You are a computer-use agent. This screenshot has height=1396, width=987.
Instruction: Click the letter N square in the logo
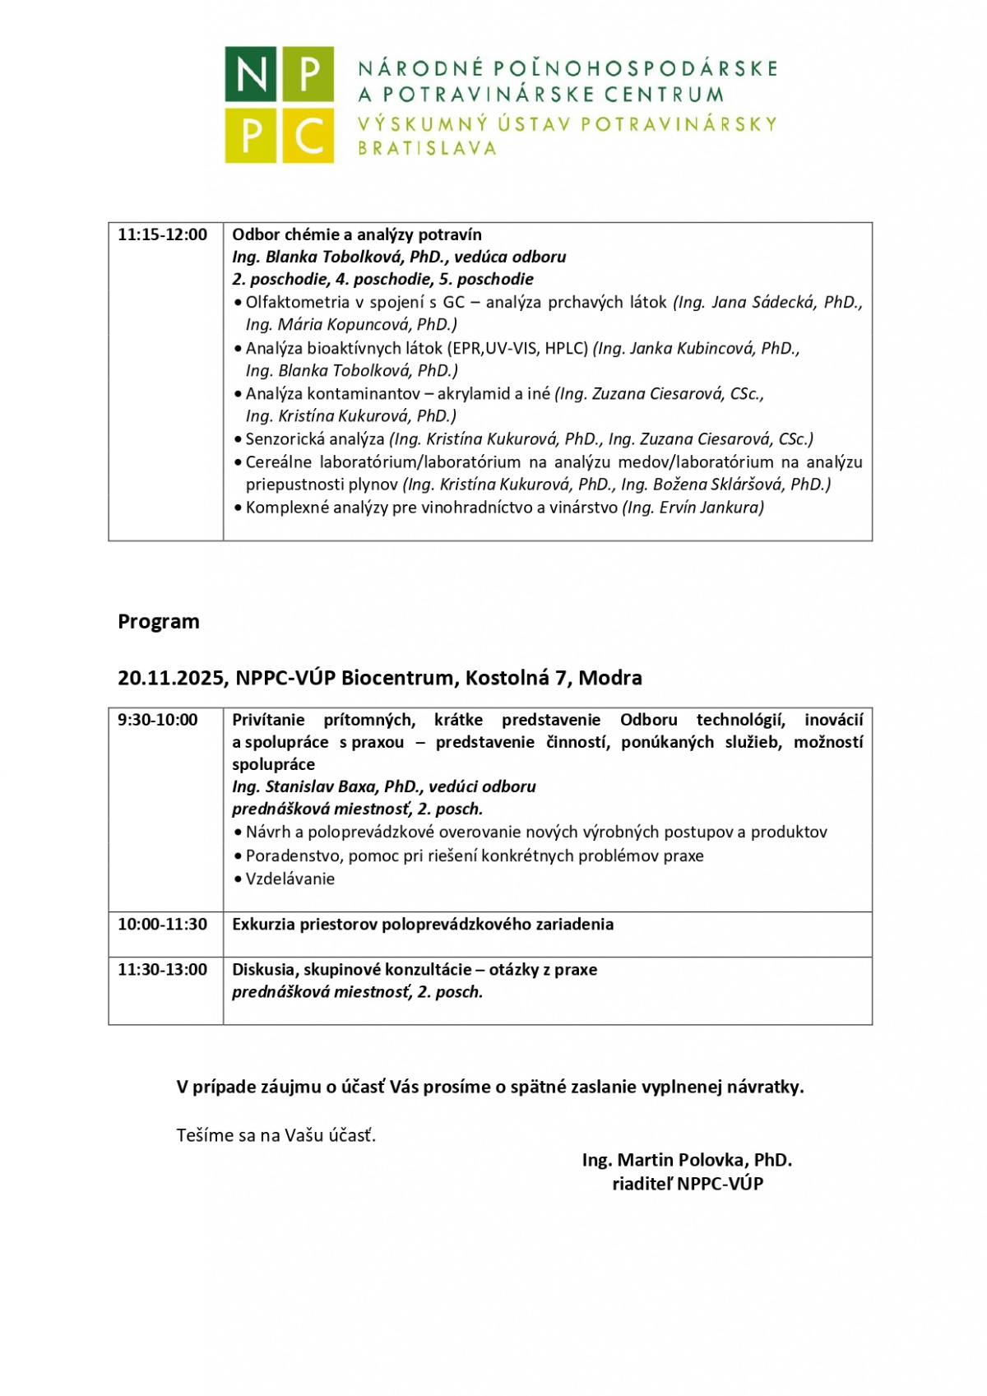click(252, 74)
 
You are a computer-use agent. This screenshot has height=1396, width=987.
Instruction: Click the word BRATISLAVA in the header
click(427, 149)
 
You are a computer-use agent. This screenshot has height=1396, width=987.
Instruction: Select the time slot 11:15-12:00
click(163, 234)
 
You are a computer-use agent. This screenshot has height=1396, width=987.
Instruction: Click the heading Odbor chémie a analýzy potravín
click(357, 234)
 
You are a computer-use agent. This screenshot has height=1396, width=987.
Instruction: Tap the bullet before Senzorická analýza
click(238, 440)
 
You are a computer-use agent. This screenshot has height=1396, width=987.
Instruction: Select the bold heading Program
click(159, 621)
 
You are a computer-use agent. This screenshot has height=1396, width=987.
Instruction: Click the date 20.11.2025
click(170, 678)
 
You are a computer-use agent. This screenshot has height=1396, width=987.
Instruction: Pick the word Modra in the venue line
click(610, 678)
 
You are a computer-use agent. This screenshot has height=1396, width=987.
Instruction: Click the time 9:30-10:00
click(158, 720)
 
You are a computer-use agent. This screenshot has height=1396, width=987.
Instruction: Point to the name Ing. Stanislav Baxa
click(318, 786)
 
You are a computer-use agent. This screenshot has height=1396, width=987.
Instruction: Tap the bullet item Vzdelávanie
click(290, 879)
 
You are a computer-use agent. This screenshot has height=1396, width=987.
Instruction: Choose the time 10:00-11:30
click(163, 924)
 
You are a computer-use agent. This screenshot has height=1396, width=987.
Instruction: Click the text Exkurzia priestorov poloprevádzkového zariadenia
click(423, 924)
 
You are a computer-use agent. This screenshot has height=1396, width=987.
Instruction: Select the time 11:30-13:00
click(163, 969)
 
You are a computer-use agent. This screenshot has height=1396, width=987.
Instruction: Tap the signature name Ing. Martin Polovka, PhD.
click(687, 1160)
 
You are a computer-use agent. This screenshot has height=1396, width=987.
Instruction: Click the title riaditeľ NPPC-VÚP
click(688, 1184)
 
